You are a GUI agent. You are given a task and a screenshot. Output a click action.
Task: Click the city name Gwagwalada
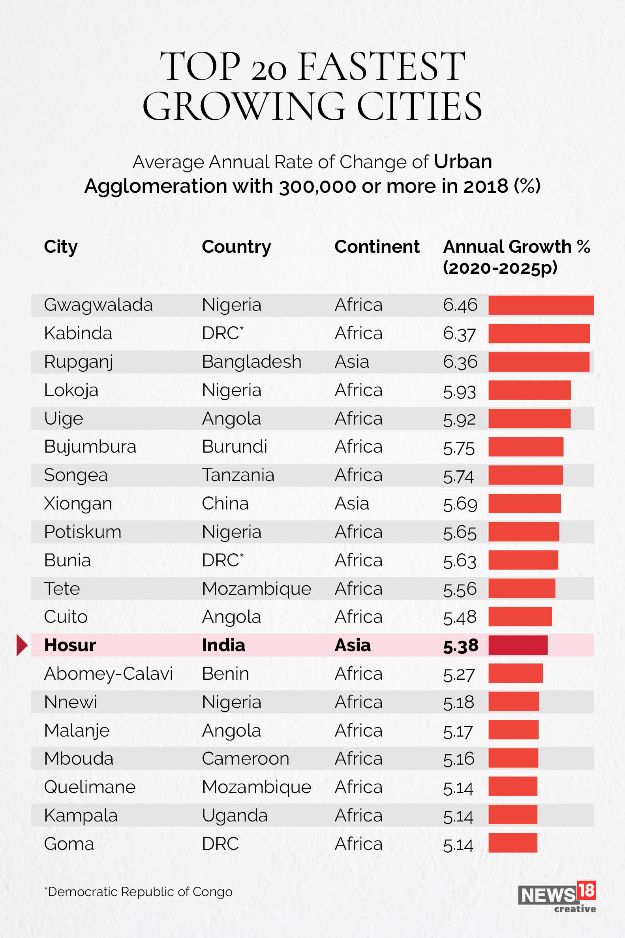(x=98, y=305)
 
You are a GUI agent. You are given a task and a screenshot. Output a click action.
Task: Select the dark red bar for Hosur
(x=518, y=645)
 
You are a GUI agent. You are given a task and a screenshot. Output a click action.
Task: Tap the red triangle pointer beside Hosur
(x=22, y=645)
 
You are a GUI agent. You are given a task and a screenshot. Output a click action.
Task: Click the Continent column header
(x=377, y=247)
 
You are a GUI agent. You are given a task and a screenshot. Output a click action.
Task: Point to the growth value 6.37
(x=459, y=334)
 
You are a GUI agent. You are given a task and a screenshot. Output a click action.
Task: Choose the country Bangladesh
(x=252, y=362)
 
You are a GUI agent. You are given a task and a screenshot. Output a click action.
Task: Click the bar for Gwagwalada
(x=541, y=305)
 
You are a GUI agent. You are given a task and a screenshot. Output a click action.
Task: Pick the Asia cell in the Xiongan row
(x=351, y=504)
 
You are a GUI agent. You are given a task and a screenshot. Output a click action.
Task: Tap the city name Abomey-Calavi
(x=108, y=674)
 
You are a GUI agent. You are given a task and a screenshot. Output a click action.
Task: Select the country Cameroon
(x=245, y=759)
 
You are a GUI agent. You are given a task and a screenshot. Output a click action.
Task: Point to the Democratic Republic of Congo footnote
(x=138, y=891)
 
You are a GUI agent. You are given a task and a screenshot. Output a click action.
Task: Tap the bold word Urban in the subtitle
(x=462, y=162)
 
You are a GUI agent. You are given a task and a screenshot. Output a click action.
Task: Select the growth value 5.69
(x=460, y=504)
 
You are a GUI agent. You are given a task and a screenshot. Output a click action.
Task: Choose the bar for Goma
(x=512, y=843)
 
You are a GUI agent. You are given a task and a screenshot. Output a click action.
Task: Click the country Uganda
(x=235, y=816)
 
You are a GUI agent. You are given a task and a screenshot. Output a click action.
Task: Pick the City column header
(x=60, y=247)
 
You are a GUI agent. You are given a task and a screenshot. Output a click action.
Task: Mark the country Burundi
(x=235, y=446)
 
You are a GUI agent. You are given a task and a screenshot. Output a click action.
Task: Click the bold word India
(x=223, y=645)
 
